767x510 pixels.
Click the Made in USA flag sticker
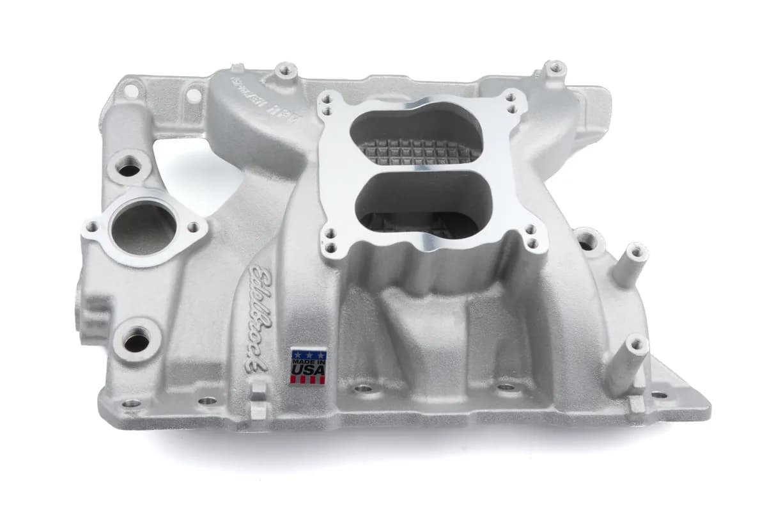click(x=308, y=366)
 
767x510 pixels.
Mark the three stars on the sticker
click(x=308, y=354)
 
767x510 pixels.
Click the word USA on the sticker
click(x=308, y=371)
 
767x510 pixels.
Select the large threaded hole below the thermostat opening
click(x=136, y=342)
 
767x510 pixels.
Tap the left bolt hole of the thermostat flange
click(x=92, y=227)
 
